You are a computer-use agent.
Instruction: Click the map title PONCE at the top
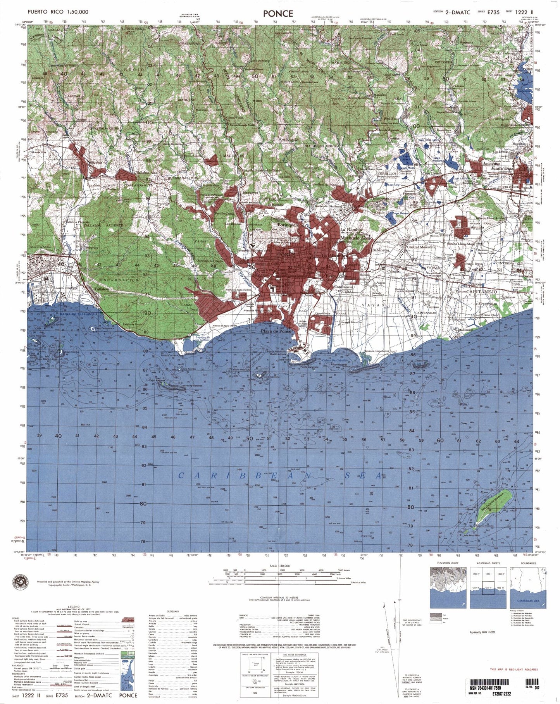tap(278, 13)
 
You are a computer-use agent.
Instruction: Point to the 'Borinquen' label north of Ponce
tap(288, 225)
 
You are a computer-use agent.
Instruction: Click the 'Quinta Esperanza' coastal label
tap(377, 351)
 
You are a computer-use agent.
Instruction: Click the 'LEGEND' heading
tap(74, 606)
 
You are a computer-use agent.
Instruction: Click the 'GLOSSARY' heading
tap(172, 611)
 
